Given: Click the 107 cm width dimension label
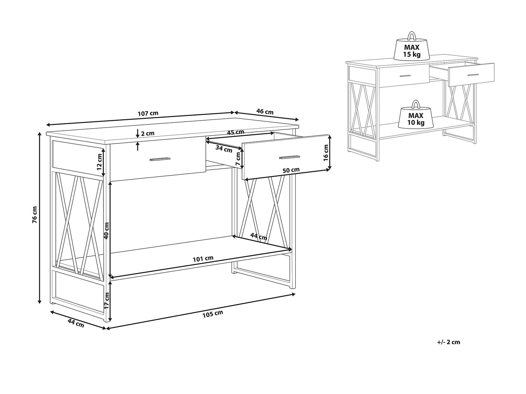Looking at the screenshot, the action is (x=148, y=113).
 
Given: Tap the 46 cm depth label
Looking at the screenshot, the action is (x=265, y=111).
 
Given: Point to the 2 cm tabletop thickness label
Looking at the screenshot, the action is (x=147, y=134).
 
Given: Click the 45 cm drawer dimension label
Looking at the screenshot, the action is (x=235, y=132).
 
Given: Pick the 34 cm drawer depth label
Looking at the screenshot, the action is (x=224, y=149).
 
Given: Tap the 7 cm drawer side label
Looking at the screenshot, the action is (x=238, y=158).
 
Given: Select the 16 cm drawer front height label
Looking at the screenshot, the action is (x=326, y=152).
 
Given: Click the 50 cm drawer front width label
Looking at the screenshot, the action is (x=291, y=170).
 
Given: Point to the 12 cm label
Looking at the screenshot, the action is (x=99, y=162).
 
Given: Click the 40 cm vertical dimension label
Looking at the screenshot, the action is (x=106, y=231).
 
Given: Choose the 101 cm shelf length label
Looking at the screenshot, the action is (x=203, y=258).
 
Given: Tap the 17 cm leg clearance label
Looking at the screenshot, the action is (x=106, y=300).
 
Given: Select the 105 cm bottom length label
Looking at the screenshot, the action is (x=213, y=314).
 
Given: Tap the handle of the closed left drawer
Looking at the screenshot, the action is (x=160, y=159).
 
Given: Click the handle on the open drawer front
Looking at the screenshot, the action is (x=290, y=157).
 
